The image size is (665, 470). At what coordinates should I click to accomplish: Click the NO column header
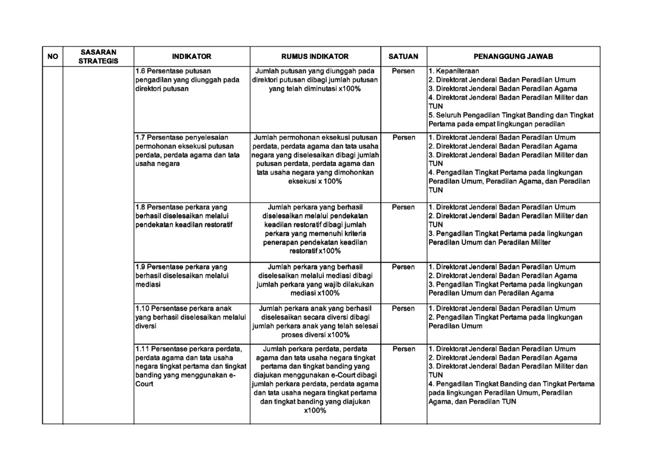tap(53, 56)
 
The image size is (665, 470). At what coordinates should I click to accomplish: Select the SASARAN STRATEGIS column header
tap(98, 56)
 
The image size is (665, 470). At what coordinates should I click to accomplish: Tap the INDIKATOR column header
tap(191, 56)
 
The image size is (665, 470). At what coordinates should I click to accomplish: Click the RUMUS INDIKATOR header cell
tap(315, 56)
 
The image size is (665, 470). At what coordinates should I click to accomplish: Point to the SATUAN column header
tap(403, 56)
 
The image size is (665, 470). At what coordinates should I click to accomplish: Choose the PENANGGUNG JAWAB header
tap(513, 56)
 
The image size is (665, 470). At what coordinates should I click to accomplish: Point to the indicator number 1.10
tap(142, 309)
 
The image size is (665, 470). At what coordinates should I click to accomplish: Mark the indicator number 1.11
tap(142, 349)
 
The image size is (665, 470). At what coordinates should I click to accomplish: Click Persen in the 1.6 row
tap(403, 71)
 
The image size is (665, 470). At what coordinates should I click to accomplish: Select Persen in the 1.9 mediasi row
tap(403, 267)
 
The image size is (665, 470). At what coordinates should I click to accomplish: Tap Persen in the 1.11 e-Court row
tap(404, 349)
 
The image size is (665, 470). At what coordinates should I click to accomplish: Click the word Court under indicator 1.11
tap(144, 384)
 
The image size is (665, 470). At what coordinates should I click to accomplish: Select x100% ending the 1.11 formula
tap(315, 410)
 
